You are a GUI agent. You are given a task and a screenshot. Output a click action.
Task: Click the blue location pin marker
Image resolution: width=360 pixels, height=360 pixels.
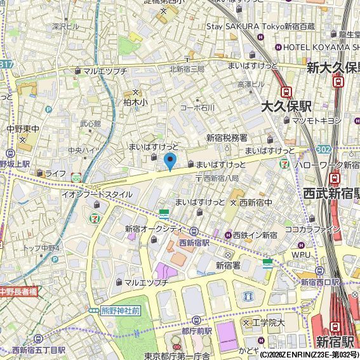170,161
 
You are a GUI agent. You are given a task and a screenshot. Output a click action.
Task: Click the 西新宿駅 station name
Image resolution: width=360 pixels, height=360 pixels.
196,243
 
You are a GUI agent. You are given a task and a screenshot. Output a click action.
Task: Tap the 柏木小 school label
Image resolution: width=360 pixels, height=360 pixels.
135,101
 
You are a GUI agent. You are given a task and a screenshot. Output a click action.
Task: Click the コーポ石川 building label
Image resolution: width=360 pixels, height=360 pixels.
197,108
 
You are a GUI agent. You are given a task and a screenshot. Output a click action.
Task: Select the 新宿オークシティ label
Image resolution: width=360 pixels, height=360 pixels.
154,229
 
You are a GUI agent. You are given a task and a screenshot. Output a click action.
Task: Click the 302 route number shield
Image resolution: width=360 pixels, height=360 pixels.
324,149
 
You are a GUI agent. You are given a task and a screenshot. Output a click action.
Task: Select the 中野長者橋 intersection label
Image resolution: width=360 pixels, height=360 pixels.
18,291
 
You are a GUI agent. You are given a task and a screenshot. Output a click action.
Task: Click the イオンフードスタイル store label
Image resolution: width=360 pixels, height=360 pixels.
97,194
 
